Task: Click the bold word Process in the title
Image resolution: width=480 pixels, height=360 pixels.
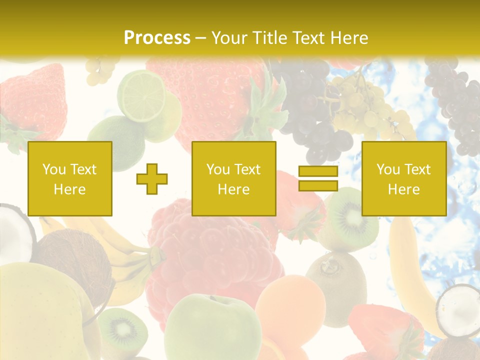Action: click(157, 37)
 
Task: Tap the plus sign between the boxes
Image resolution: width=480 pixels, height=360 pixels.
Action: click(152, 179)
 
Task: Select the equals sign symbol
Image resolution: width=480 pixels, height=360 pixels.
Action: click(318, 179)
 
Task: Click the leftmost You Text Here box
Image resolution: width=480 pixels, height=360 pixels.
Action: click(70, 179)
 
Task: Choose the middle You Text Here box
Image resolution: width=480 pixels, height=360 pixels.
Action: click(234, 179)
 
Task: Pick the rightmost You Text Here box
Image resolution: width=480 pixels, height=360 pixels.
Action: click(404, 179)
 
